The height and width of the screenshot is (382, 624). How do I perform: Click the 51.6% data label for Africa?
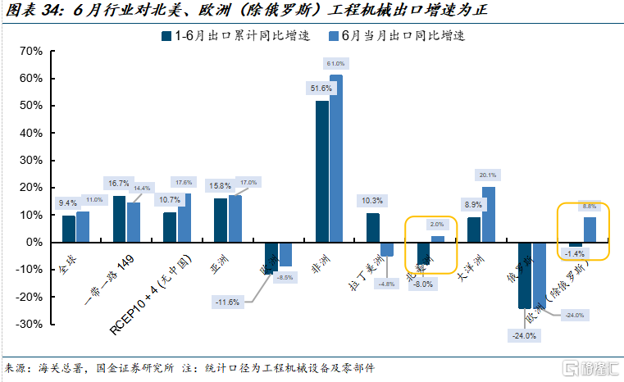click(x=320, y=89)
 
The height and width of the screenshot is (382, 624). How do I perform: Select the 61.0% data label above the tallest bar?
click(x=335, y=64)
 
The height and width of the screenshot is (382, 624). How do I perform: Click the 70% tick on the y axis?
click(x=31, y=51)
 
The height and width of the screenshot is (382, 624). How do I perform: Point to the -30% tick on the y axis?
click(x=30, y=324)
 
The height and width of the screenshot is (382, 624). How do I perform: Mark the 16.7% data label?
click(x=120, y=183)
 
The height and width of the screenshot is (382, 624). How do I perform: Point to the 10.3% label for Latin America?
click(x=371, y=200)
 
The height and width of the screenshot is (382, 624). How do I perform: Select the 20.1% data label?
click(x=487, y=175)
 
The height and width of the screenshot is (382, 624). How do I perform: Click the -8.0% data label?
click(x=422, y=284)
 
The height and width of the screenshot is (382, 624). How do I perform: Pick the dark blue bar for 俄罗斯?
click(x=525, y=275)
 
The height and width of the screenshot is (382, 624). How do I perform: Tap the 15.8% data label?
click(x=221, y=186)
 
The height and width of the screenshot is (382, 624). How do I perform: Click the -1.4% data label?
click(x=575, y=255)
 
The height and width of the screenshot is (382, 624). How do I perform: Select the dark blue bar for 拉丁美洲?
click(x=373, y=228)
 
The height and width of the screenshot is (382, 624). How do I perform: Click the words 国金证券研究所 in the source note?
click(x=130, y=368)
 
